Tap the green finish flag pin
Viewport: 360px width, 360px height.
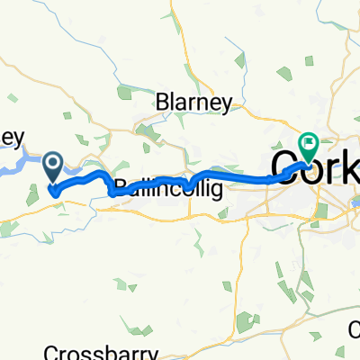pos(309,144)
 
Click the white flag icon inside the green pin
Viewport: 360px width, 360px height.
pos(309,140)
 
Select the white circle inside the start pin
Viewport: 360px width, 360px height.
pos(53,163)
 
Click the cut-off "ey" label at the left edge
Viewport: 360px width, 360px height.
pos(11,138)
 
